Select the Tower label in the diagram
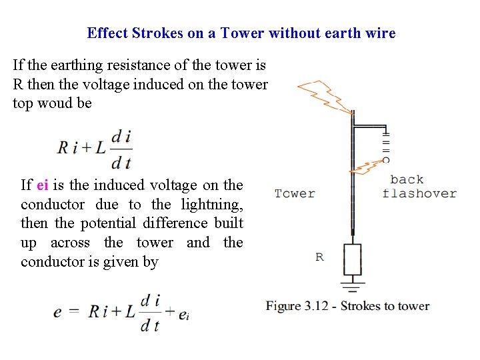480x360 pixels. (x=295, y=193)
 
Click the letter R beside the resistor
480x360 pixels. (x=320, y=257)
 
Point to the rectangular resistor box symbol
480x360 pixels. (x=352, y=259)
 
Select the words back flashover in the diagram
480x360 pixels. (x=419, y=187)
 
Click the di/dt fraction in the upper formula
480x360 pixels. (x=121, y=148)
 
